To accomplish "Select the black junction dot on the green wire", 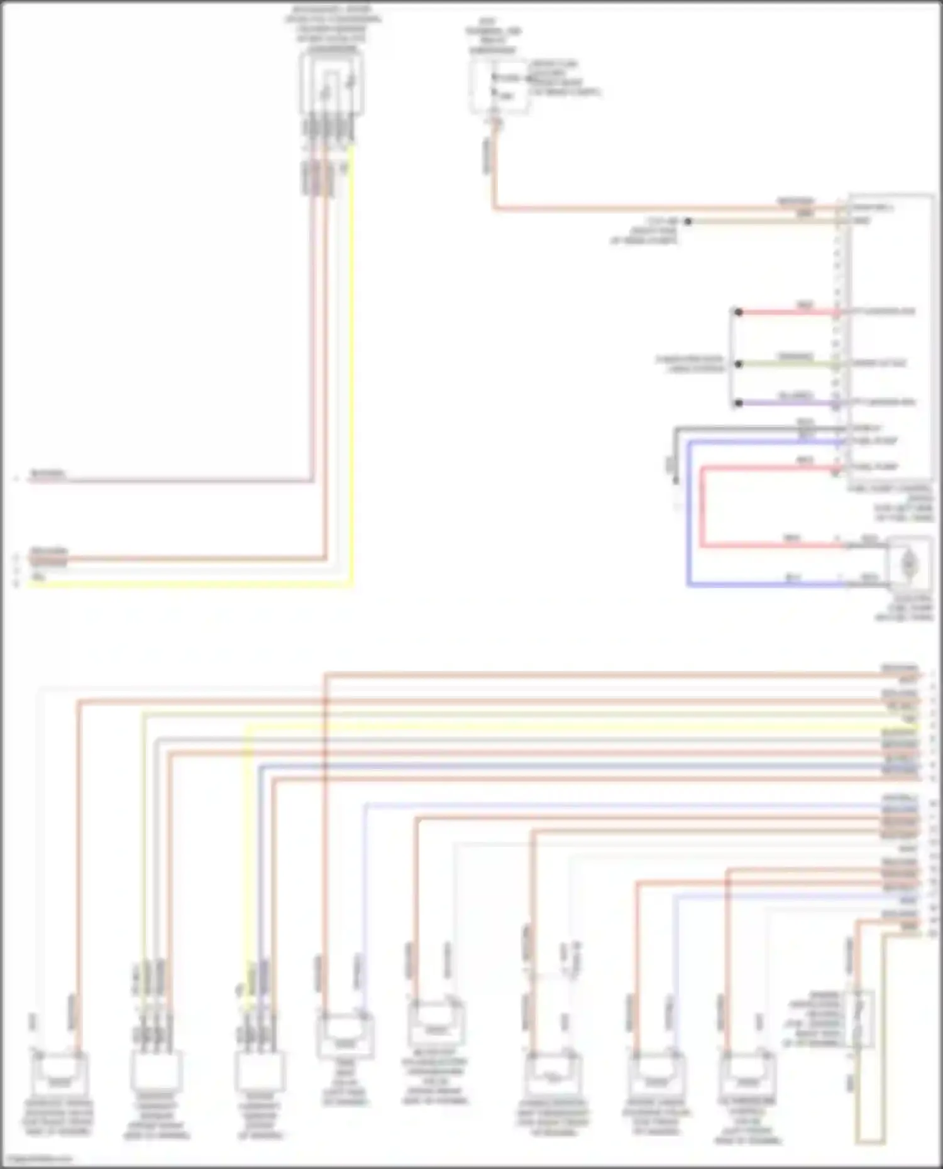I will [739, 364].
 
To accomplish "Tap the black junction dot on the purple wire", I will [739, 403].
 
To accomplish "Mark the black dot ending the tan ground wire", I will [688, 221].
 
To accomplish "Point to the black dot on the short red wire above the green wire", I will [739, 312].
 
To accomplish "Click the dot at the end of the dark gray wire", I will [676, 481].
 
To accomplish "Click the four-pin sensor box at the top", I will [331, 84].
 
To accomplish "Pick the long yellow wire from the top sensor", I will [351, 377].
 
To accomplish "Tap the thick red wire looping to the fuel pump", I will [702, 509].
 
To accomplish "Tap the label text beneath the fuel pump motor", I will [905, 608].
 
